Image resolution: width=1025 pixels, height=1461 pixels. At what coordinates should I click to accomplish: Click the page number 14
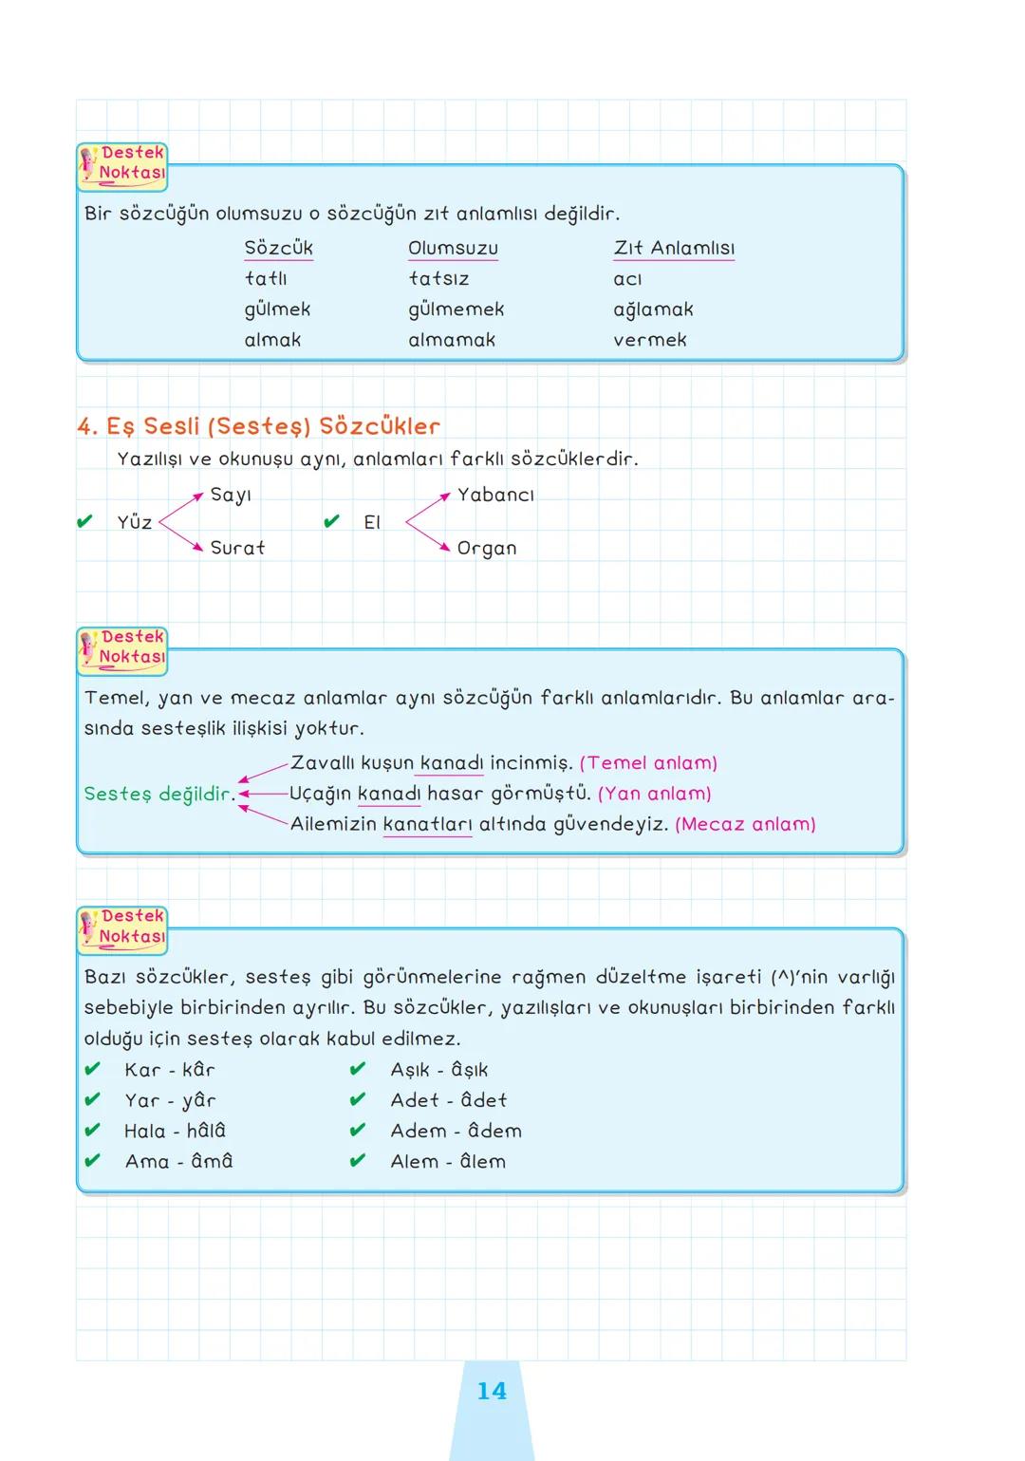click(492, 1391)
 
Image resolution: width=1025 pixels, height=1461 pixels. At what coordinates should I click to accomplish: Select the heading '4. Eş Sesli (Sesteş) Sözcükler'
click(259, 426)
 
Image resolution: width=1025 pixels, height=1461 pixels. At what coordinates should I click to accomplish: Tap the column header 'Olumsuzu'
click(453, 248)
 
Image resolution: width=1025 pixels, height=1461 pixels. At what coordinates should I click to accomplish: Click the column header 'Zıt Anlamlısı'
click(674, 248)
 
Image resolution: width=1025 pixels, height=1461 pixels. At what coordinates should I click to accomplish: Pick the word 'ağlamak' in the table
click(653, 309)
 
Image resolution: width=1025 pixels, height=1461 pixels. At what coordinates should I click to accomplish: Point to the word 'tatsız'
click(438, 279)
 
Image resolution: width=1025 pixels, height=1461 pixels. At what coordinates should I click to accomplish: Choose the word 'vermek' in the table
click(650, 340)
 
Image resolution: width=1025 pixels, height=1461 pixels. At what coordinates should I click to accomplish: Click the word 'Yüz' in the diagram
click(135, 522)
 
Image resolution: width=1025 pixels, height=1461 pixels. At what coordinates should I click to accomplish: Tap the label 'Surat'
click(237, 548)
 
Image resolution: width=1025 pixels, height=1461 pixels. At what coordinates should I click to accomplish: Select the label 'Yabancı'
click(495, 495)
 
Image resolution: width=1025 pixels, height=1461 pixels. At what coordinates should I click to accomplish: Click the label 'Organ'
click(487, 549)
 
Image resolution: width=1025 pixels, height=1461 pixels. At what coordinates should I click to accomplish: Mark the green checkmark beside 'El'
click(331, 521)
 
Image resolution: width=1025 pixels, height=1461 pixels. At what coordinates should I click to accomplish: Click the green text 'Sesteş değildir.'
click(159, 794)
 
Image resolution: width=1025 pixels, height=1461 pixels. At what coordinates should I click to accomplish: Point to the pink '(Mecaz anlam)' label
click(745, 824)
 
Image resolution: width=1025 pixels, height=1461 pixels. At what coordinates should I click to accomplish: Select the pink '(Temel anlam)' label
click(648, 763)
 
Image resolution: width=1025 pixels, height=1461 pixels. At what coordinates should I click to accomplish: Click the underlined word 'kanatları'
click(427, 824)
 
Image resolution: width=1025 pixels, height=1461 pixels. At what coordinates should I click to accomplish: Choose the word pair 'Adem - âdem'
click(456, 1131)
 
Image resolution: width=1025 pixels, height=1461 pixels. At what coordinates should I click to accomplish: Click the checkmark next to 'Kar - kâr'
click(92, 1069)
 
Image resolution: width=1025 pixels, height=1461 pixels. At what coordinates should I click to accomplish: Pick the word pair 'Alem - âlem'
click(448, 1161)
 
